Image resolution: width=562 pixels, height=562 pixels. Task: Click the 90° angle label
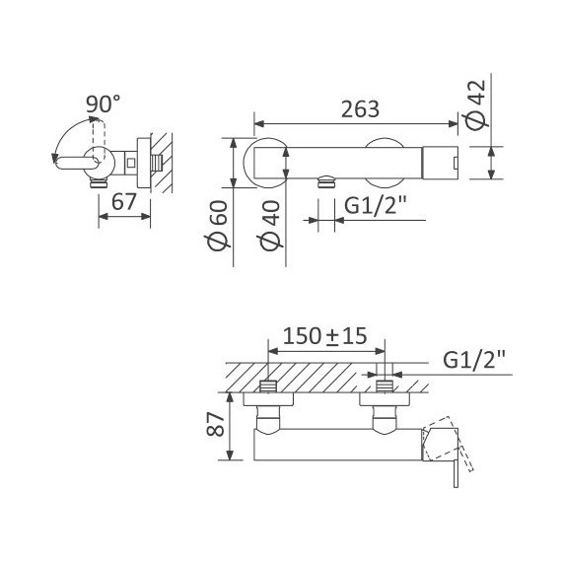[x=104, y=104]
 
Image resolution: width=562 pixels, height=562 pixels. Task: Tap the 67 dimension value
[x=124, y=202]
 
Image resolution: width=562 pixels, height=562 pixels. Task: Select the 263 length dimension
[x=360, y=109]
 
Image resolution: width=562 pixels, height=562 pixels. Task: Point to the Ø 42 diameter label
[x=477, y=105]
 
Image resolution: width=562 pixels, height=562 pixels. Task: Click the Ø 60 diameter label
[x=218, y=226]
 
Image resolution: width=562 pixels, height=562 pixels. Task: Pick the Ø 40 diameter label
[x=270, y=226]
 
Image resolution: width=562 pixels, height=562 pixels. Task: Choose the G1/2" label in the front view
[x=376, y=206]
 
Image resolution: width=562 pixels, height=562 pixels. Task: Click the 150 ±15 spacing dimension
[x=325, y=336]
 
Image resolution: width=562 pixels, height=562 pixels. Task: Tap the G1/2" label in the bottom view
[x=474, y=360]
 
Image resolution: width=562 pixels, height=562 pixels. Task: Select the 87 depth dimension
[x=215, y=424]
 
